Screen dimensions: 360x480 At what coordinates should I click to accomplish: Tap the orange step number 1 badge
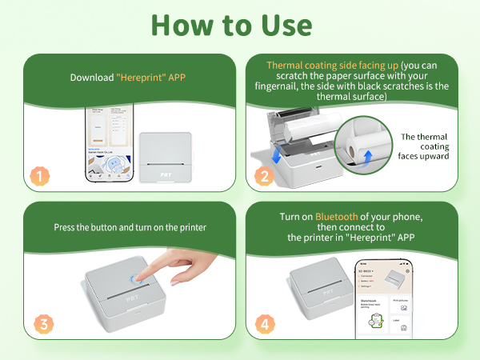coord(35,176)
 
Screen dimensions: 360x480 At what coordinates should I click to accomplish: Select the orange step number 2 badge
coord(263,176)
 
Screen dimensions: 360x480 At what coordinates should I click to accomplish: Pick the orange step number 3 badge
coord(35,324)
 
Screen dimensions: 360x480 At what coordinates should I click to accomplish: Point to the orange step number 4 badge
coord(263,324)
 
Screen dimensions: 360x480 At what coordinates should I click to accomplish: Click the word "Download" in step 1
coord(91,78)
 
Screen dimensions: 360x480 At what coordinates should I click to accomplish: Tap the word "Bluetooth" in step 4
coord(337,216)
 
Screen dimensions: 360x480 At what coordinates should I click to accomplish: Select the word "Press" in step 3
coord(67,227)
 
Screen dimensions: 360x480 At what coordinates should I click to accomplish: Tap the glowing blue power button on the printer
coord(136,281)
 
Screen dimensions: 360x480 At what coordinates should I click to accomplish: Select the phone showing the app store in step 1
coord(108,146)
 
